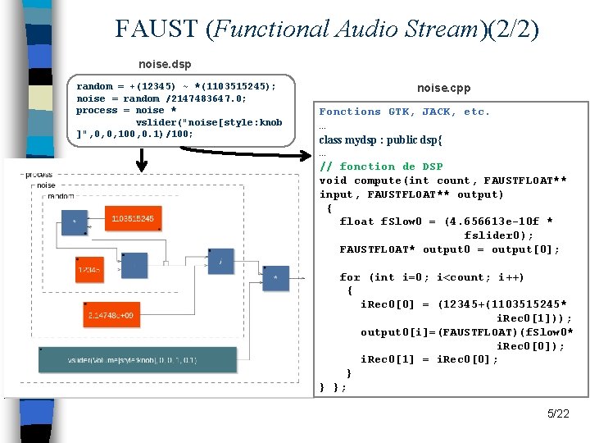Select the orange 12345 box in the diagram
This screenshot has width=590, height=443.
[90, 268]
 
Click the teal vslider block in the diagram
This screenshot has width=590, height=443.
[131, 359]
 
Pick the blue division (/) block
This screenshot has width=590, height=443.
[220, 262]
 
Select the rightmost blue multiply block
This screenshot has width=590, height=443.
[276, 278]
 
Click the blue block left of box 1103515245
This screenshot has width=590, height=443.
[75, 221]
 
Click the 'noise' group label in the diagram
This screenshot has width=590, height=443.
[45, 185]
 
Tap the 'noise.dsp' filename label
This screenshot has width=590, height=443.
[165, 63]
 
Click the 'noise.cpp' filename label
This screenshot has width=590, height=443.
[443, 88]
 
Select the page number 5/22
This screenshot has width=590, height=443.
[558, 413]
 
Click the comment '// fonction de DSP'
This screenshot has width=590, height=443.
[381, 167]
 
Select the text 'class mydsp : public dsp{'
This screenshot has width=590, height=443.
[380, 139]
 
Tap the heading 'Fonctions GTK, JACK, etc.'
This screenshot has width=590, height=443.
[404, 112]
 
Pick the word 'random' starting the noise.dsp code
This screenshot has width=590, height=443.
[94, 85]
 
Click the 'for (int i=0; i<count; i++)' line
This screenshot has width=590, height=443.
[432, 277]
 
